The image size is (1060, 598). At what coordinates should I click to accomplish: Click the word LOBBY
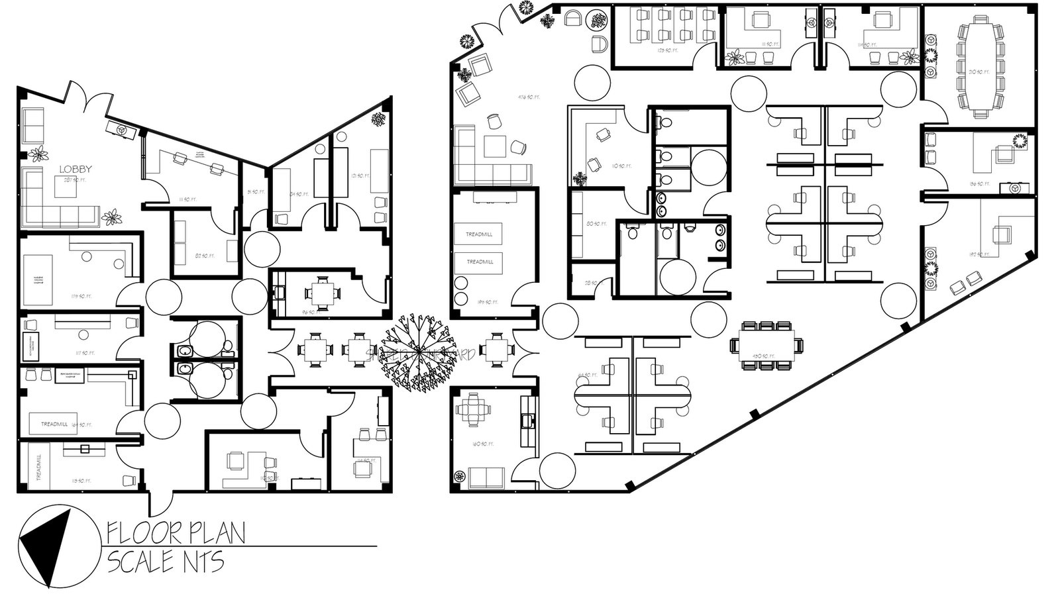(75, 170)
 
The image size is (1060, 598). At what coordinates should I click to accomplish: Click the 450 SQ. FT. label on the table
(759, 356)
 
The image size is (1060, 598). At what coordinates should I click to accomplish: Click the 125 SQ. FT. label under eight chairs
(664, 50)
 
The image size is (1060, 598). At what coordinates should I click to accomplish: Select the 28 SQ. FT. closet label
(588, 283)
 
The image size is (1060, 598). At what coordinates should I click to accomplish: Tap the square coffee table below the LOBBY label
(64, 188)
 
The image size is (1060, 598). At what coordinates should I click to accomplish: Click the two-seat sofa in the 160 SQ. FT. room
(486, 477)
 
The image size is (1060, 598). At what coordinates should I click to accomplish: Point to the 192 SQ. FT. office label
(978, 254)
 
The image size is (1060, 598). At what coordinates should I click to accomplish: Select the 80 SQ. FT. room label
(596, 224)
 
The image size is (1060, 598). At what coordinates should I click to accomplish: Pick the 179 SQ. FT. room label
(81, 296)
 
